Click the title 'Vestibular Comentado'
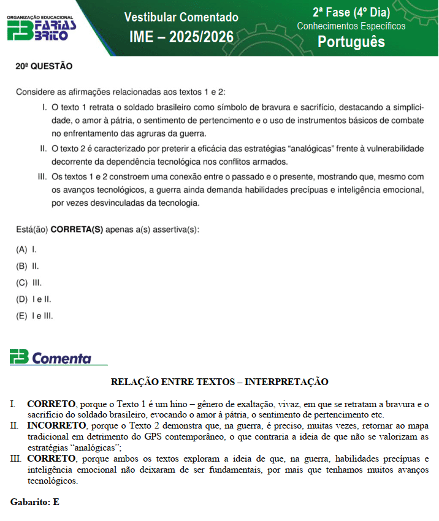click(181, 17)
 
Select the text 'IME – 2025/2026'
click(181, 37)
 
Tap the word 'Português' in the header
click(351, 41)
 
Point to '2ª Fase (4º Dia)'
click(351, 12)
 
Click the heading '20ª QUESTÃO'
click(44, 66)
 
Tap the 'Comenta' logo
click(59, 358)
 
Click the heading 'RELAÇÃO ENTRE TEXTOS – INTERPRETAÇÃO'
click(219, 382)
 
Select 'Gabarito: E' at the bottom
click(35, 502)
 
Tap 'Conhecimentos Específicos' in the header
click(351, 26)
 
